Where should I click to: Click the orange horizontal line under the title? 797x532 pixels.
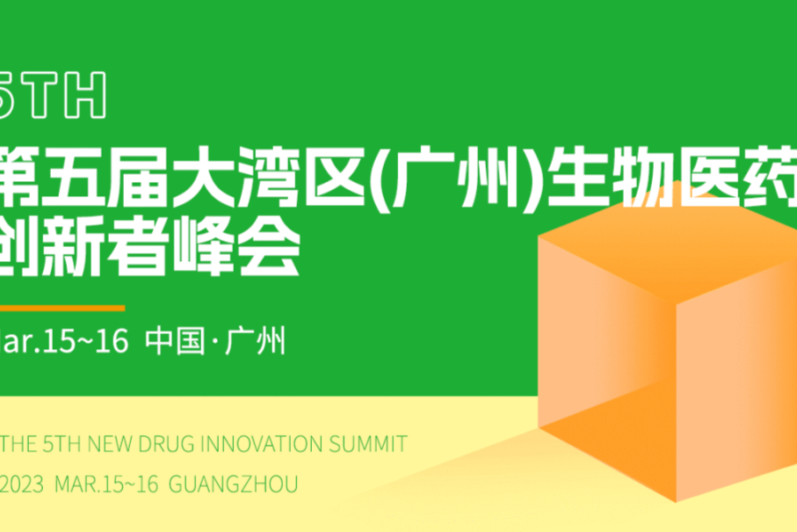click(x=62, y=308)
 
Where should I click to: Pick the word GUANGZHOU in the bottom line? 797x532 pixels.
click(x=232, y=485)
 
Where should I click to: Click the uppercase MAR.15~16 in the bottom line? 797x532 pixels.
click(x=105, y=485)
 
